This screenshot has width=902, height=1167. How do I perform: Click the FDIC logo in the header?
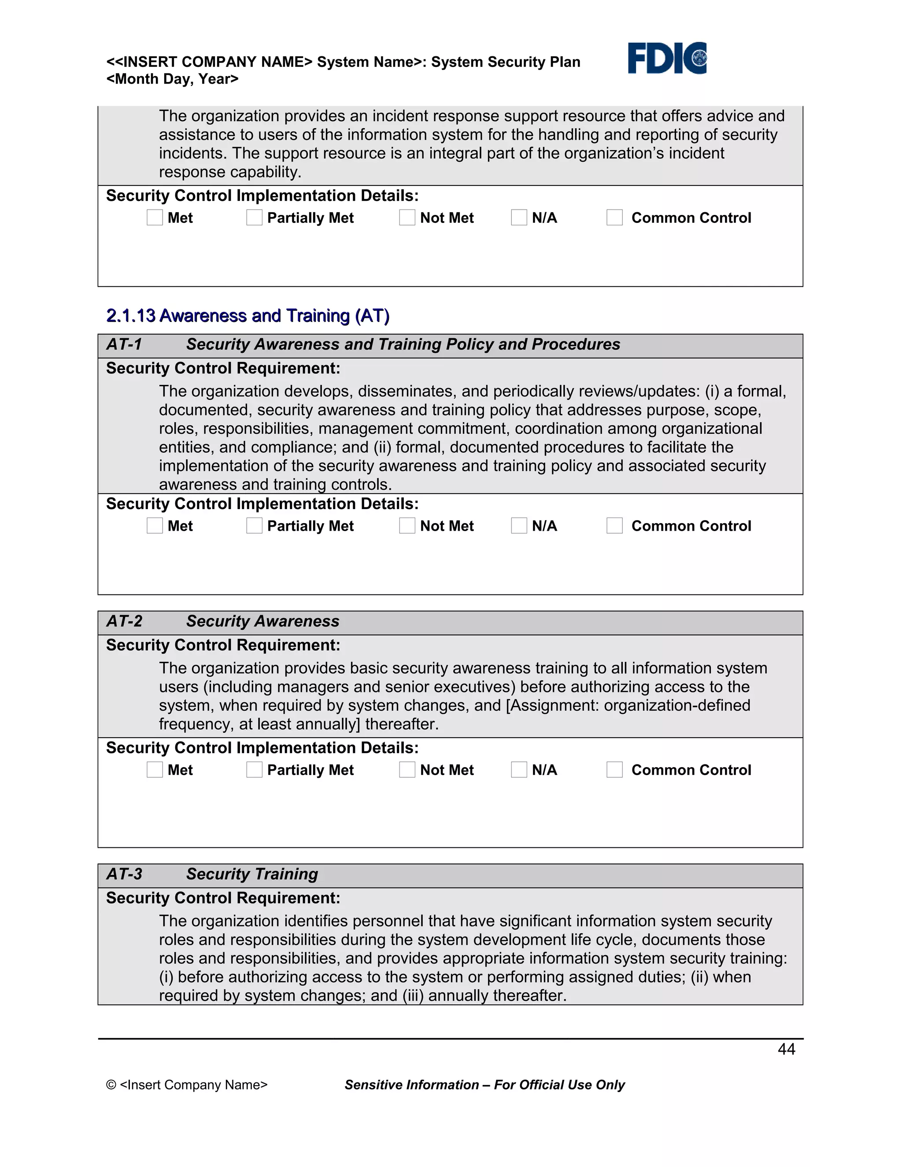pyautogui.click(x=667, y=58)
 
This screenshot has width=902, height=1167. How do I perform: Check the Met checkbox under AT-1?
pyautogui.click(x=155, y=525)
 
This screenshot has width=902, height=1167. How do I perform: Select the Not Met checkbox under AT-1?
pyautogui.click(x=407, y=525)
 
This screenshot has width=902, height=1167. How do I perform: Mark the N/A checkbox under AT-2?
pyautogui.click(x=519, y=769)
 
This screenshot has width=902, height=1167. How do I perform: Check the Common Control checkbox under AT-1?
pyautogui.click(x=614, y=525)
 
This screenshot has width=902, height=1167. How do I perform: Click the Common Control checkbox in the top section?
pyautogui.click(x=614, y=218)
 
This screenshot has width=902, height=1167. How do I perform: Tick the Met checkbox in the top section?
pyautogui.click(x=155, y=218)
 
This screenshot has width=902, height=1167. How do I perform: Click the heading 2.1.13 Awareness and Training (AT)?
pyautogui.click(x=248, y=316)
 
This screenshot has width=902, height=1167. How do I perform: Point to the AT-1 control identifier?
pyautogui.click(x=124, y=344)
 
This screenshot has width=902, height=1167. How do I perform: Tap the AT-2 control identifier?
pyautogui.click(x=124, y=621)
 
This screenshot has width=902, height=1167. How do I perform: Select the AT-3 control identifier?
pyautogui.click(x=124, y=874)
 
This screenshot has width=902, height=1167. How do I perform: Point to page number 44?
pyautogui.click(x=786, y=1049)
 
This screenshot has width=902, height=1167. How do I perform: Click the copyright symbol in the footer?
pyautogui.click(x=111, y=1085)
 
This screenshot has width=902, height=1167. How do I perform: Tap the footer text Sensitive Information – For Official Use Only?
pyautogui.click(x=484, y=1085)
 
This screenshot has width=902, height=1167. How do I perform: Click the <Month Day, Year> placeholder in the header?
pyautogui.click(x=172, y=79)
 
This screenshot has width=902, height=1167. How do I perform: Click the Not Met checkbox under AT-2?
pyautogui.click(x=407, y=769)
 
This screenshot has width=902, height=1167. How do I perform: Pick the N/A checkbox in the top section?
pyautogui.click(x=519, y=218)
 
